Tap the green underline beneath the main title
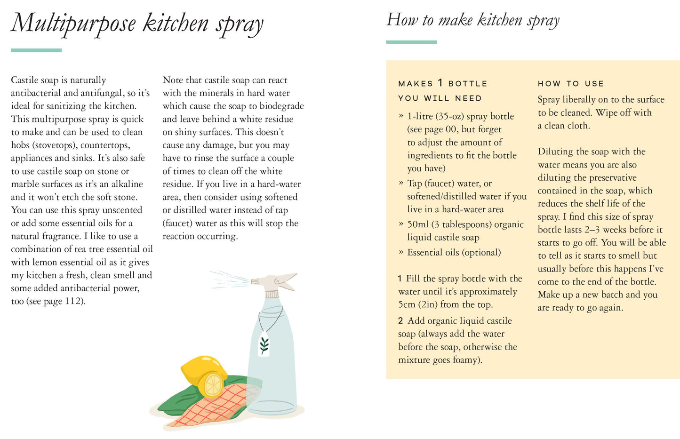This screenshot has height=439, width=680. point(36,50)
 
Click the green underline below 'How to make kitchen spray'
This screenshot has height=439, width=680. point(411,42)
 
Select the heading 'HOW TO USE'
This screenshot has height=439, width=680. point(571,84)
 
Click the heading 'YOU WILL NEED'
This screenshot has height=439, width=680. point(440,98)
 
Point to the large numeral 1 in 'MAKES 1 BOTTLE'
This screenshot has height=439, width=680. point(440,83)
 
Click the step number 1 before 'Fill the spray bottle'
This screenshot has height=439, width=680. point(400,279)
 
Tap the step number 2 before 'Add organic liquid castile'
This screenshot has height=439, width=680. point(400,321)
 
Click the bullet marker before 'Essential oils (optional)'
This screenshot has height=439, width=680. point(401,252)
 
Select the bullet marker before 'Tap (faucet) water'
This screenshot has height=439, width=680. point(401,183)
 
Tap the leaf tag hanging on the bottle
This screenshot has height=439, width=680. point(264,343)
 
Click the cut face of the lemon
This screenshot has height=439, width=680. point(213,385)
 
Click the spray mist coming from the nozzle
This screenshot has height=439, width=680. point(230,279)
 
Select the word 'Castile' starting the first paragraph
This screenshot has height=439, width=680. point(24,80)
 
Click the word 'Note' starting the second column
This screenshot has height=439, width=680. point(173,80)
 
